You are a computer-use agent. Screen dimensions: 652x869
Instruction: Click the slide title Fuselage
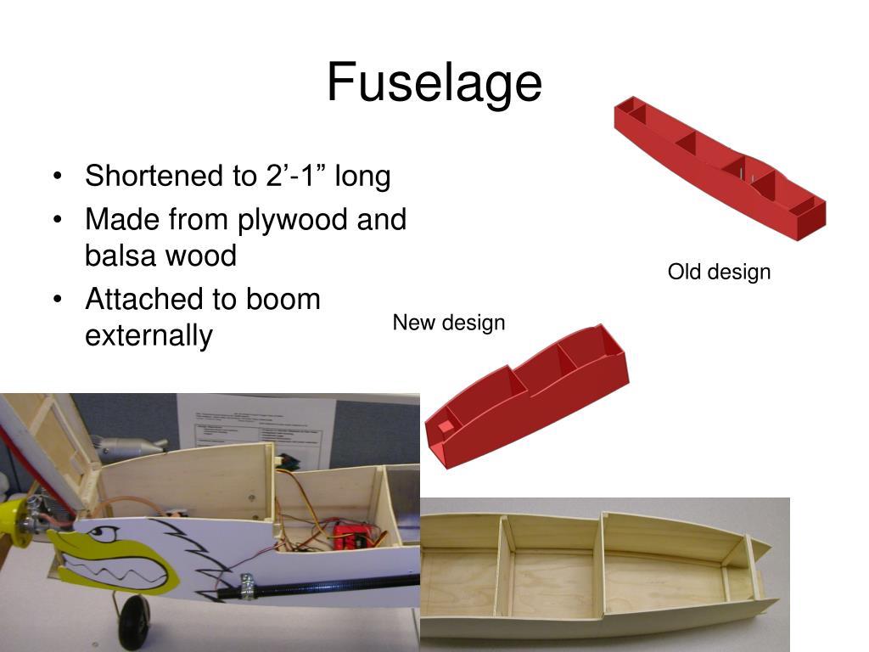pyautogui.click(x=434, y=83)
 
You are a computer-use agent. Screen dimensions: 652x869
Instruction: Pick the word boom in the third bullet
pyautogui.click(x=283, y=299)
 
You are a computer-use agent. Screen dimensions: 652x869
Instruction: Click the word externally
pyautogui.click(x=149, y=335)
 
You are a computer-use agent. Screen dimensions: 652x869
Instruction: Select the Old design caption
pyautogui.click(x=719, y=273)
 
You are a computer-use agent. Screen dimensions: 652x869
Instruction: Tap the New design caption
pyautogui.click(x=448, y=323)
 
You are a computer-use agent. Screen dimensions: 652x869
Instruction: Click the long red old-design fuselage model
pyautogui.click(x=720, y=170)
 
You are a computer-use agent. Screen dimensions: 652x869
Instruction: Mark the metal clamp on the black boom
pyautogui.click(x=248, y=587)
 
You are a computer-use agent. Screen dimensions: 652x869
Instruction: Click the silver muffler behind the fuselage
pyautogui.click(x=128, y=447)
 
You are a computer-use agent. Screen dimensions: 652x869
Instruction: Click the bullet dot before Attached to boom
pyautogui.click(x=57, y=300)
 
